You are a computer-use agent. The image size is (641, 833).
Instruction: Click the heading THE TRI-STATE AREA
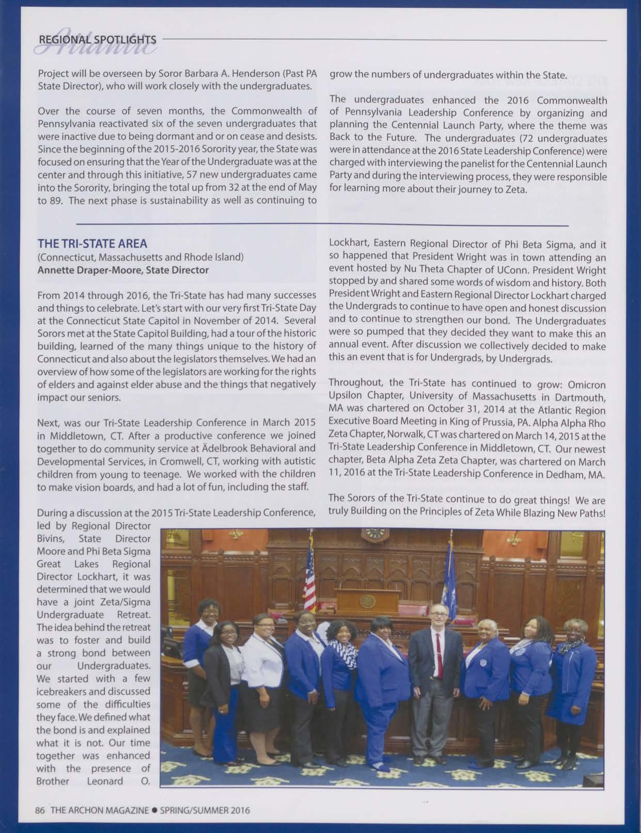(x=92, y=243)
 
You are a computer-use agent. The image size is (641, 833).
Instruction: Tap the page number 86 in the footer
(x=40, y=810)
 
